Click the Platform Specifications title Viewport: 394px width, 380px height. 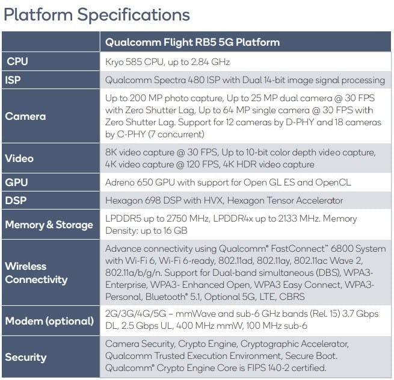coord(97,14)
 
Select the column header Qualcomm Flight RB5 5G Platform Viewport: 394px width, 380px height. coord(192,42)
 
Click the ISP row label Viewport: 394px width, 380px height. coord(14,80)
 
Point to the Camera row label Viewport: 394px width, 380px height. coord(25,116)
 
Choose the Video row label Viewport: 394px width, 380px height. coord(19,158)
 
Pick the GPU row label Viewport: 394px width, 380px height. coord(17,182)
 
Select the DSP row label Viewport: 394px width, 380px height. coord(17,201)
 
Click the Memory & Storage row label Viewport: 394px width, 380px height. coord(49,225)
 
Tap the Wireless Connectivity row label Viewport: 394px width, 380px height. coord(36,273)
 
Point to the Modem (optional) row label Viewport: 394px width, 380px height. coord(49,321)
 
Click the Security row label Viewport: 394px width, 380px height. coord(26,357)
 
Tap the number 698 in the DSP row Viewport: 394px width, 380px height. coord(158,201)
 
